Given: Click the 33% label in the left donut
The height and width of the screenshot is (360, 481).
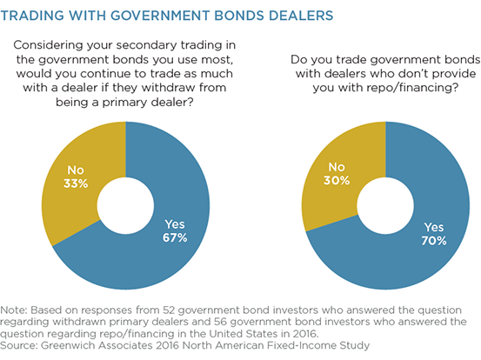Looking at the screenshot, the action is point(76,183).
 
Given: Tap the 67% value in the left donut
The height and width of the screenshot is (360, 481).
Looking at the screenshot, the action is point(175,237).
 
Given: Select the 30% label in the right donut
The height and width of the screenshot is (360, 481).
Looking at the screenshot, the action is point(337,180).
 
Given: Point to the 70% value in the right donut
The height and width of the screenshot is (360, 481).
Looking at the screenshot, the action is point(434,241).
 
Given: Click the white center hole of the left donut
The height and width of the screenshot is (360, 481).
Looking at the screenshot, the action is point(125,206).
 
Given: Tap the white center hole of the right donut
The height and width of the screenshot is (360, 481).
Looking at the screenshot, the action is point(385,206).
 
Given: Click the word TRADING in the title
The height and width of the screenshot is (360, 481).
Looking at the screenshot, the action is point(32,16).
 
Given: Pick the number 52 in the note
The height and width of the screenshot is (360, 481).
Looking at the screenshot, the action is point(169,310).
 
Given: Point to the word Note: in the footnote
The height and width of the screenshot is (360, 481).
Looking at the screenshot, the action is point(14,310).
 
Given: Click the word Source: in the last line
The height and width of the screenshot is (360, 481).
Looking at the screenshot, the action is point(19,345).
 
